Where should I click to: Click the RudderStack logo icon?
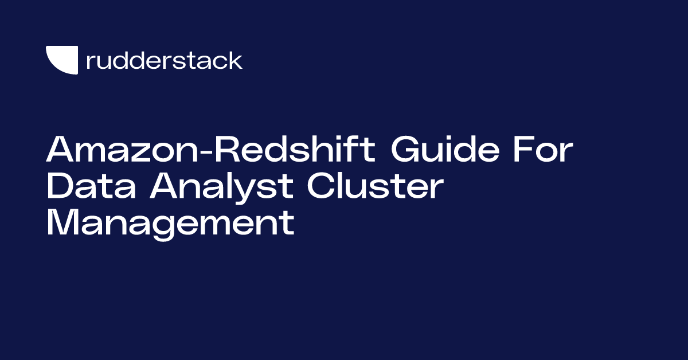(x=61, y=60)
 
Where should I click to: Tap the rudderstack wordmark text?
(x=164, y=60)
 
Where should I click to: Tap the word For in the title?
(x=542, y=150)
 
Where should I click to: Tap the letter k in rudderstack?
(x=235, y=60)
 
